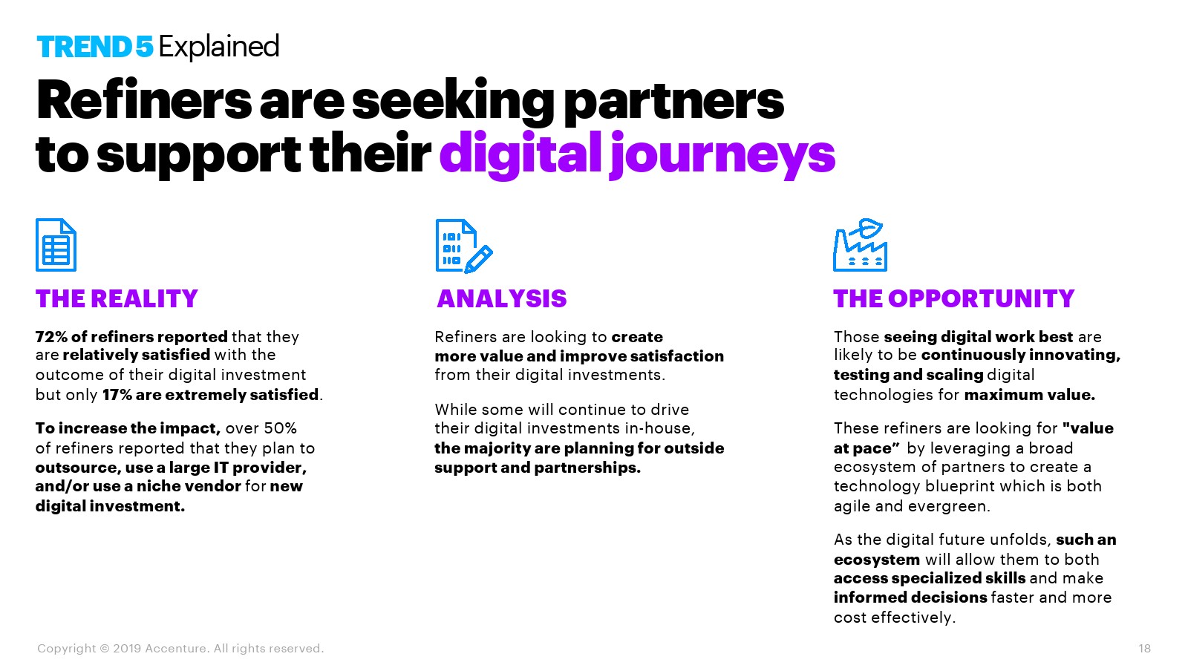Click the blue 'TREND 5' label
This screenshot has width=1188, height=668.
point(95,47)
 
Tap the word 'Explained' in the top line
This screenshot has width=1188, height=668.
point(219,48)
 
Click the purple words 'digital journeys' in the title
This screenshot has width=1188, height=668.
point(638,154)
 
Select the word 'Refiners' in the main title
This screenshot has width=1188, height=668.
point(144,101)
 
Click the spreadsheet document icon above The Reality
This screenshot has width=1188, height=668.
point(56,245)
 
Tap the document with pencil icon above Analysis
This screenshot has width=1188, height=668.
point(464,246)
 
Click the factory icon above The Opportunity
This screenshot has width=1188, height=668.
point(860,245)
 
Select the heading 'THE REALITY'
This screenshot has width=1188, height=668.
point(117,299)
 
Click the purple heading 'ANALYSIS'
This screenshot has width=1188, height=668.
point(502,299)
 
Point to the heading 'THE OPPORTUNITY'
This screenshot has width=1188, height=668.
point(953,299)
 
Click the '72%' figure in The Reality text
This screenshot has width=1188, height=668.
point(51,337)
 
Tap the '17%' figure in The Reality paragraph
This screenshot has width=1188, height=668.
point(117,395)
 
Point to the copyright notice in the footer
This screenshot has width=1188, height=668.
point(180,649)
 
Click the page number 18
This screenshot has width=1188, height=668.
point(1144,649)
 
